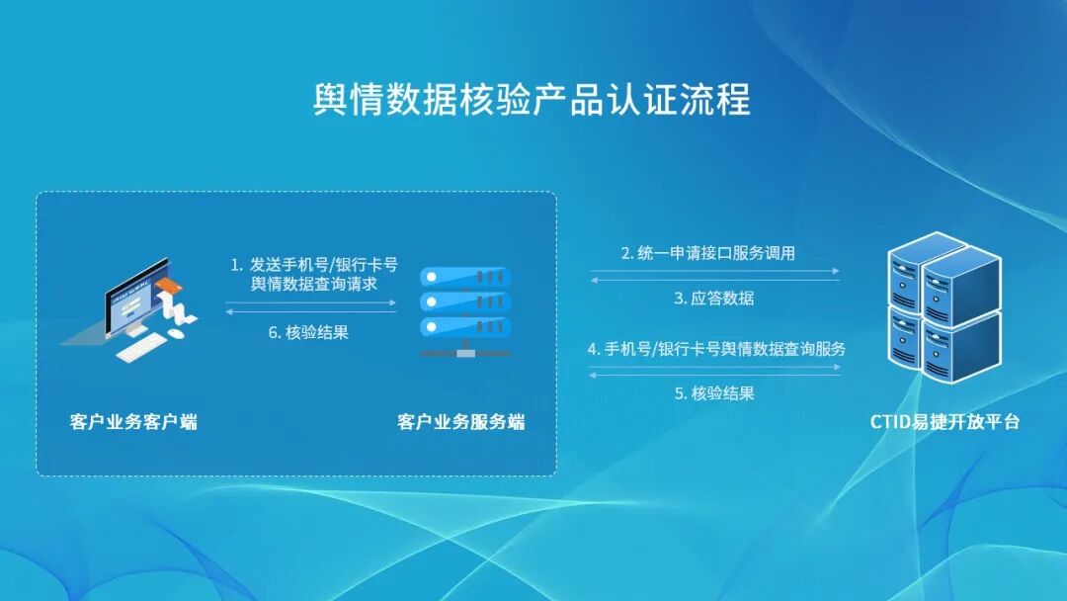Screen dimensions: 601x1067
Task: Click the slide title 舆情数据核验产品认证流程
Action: coord(533,100)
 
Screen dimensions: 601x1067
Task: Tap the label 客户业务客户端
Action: coord(133,422)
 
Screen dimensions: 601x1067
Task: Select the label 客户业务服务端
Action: coord(461,422)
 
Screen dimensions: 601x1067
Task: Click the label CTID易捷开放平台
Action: coord(944,422)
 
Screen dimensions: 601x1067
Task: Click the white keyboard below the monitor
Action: coord(140,347)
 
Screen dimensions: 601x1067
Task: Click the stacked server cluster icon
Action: coord(943,307)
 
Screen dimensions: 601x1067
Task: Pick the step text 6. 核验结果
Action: coord(308,333)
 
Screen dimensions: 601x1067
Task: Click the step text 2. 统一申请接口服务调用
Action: coord(708,253)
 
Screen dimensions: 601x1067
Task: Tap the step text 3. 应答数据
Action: coord(714,298)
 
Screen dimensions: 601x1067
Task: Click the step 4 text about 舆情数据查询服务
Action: coord(716,349)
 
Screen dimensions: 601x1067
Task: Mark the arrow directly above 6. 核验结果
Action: coord(311,312)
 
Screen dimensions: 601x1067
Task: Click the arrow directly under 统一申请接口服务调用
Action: coord(714,270)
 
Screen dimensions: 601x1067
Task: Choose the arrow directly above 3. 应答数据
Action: coord(714,280)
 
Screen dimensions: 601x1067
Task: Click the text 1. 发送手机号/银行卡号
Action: coord(314,264)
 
